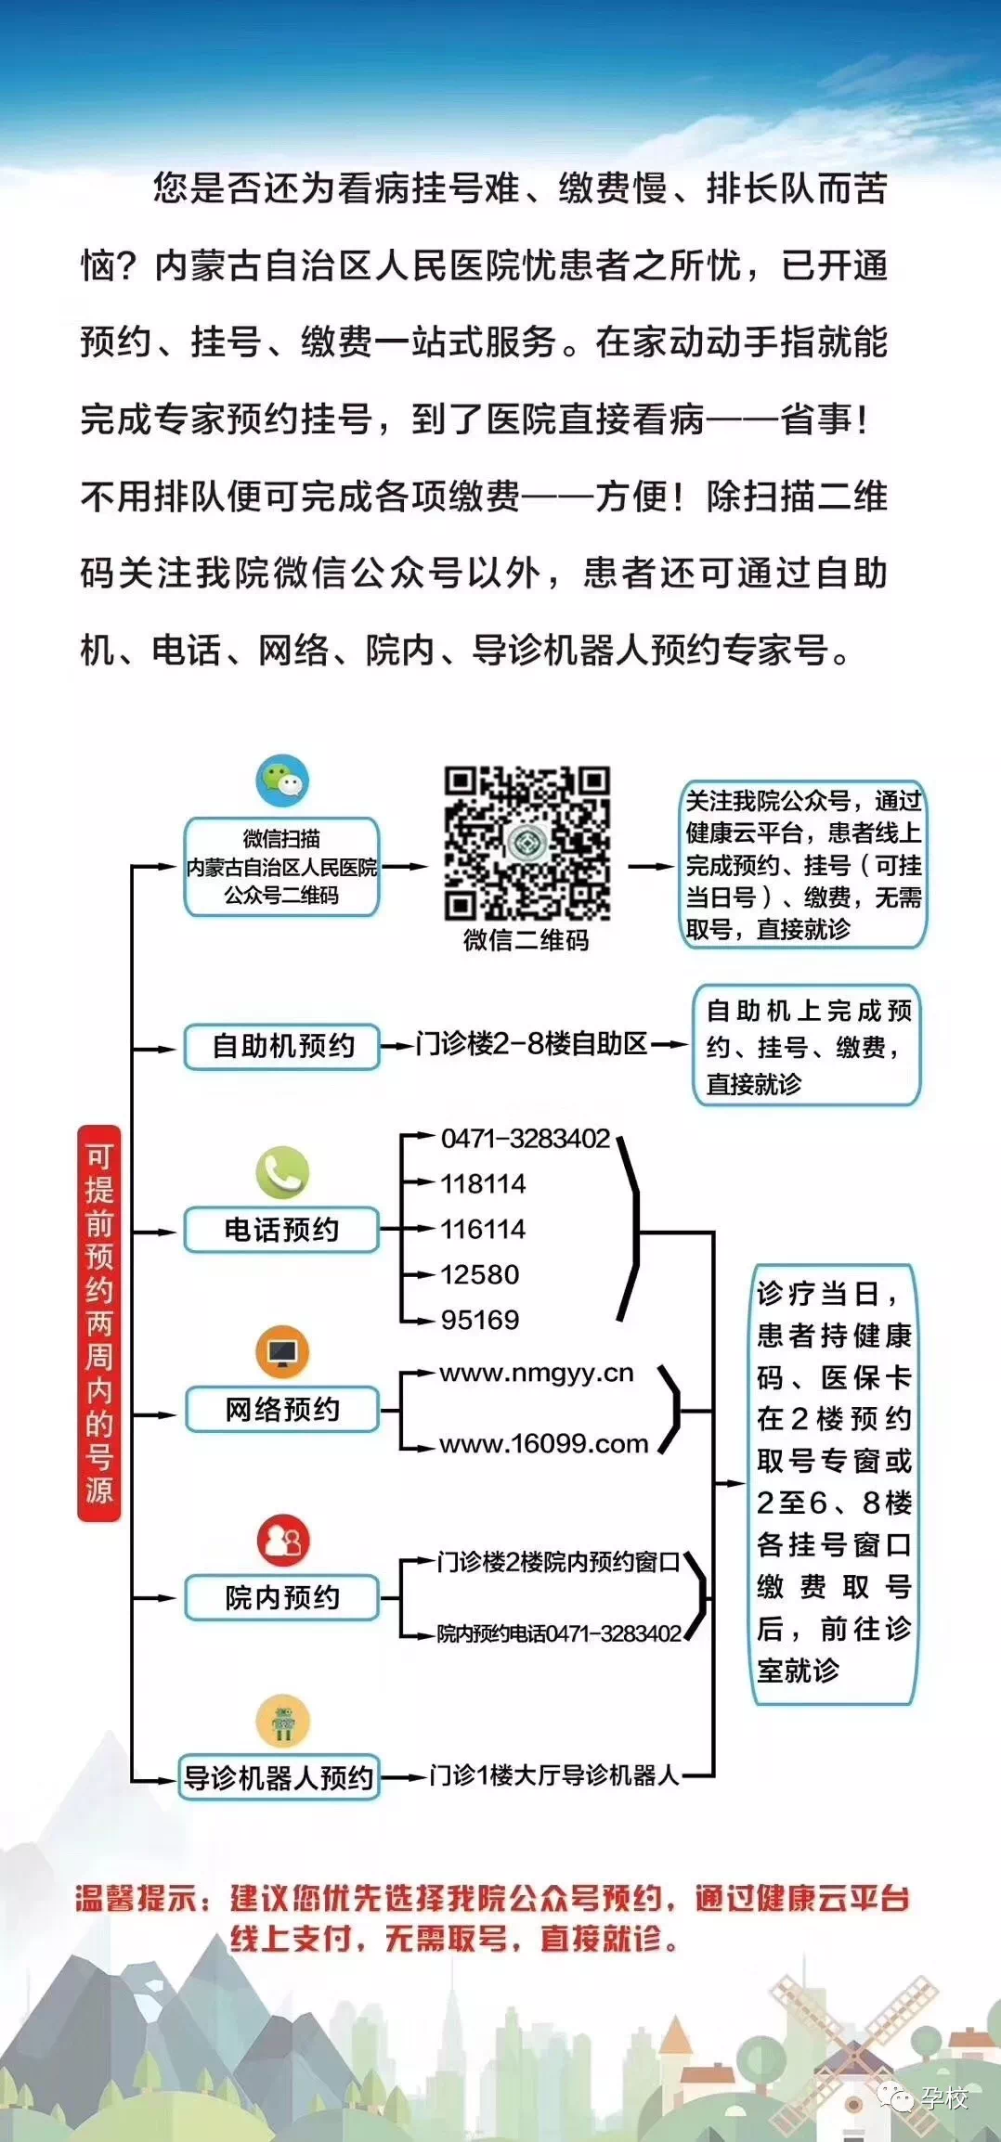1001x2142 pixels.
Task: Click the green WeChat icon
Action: click(282, 781)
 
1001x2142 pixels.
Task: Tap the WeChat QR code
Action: click(526, 843)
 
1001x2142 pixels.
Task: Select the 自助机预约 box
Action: click(282, 1047)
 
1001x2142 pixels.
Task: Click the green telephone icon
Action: click(282, 1173)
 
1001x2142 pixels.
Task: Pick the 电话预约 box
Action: click(282, 1231)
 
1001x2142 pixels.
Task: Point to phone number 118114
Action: click(483, 1184)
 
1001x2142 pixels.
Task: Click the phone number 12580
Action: click(479, 1275)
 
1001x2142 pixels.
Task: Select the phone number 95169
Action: click(479, 1320)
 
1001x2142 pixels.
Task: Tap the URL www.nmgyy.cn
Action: click(537, 1374)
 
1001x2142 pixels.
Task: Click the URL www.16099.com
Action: click(543, 1444)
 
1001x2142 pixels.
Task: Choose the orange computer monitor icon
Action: click(282, 1353)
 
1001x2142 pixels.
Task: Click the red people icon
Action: click(282, 1542)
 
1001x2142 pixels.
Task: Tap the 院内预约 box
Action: click(282, 1598)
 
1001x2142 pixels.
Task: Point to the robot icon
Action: click(282, 1722)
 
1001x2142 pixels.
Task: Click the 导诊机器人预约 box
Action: click(279, 1778)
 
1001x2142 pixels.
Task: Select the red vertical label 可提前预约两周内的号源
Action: click(99, 1323)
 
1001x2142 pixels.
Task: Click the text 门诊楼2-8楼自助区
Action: click(531, 1044)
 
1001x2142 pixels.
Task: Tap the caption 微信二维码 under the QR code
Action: click(526, 940)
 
